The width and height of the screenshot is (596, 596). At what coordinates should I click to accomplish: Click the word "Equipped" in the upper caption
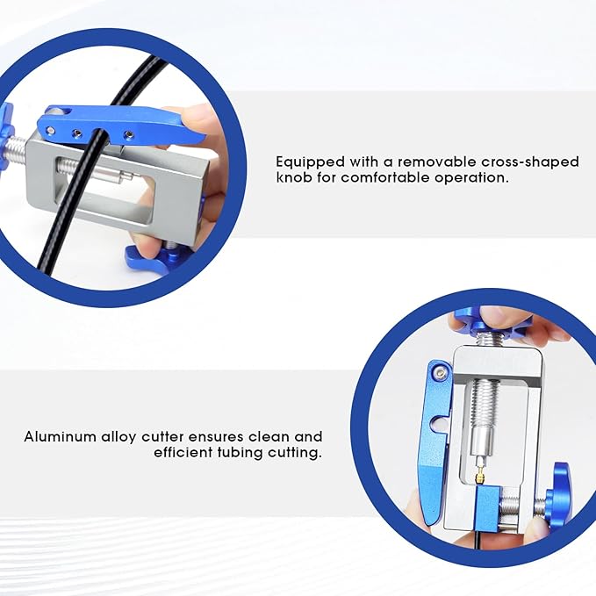coord(311,162)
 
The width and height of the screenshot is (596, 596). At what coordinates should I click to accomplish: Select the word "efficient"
coord(183,452)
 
